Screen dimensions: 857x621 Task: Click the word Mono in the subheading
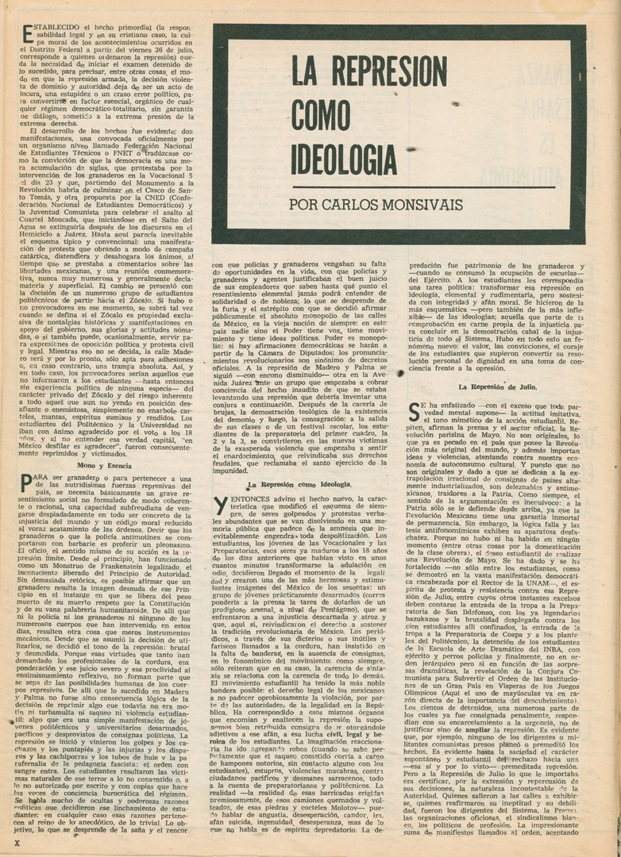point(78,465)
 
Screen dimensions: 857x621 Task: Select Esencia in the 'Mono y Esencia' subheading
point(115,465)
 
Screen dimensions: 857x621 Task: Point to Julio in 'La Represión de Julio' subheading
point(523,386)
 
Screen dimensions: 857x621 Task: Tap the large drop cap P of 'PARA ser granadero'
point(26,483)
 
